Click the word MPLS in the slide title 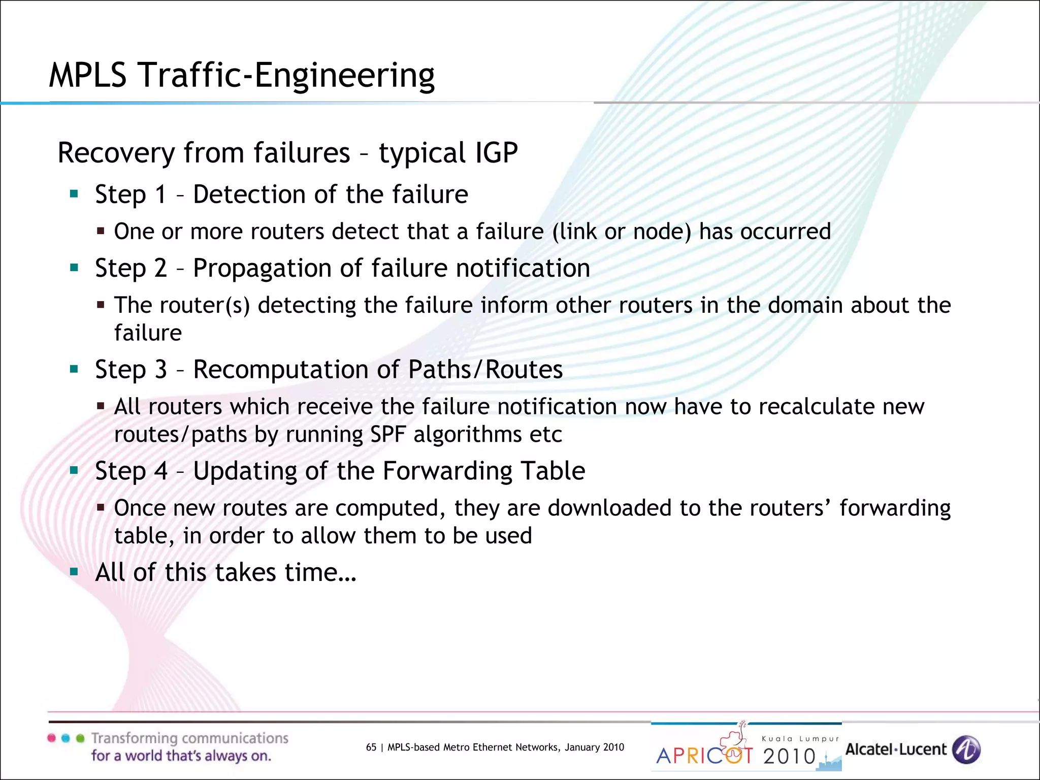[x=87, y=75]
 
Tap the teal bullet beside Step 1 [x=74, y=193]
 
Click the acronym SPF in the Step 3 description [x=387, y=435]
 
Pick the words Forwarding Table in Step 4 [x=483, y=471]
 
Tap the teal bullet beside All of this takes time [x=74, y=572]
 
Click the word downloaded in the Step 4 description [x=609, y=508]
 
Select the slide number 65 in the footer [x=371, y=747]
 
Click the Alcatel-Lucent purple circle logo [x=965, y=750]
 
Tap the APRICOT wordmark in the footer [x=704, y=756]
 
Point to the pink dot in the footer [x=51, y=738]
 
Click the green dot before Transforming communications [x=80, y=738]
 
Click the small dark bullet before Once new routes [x=101, y=507]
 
